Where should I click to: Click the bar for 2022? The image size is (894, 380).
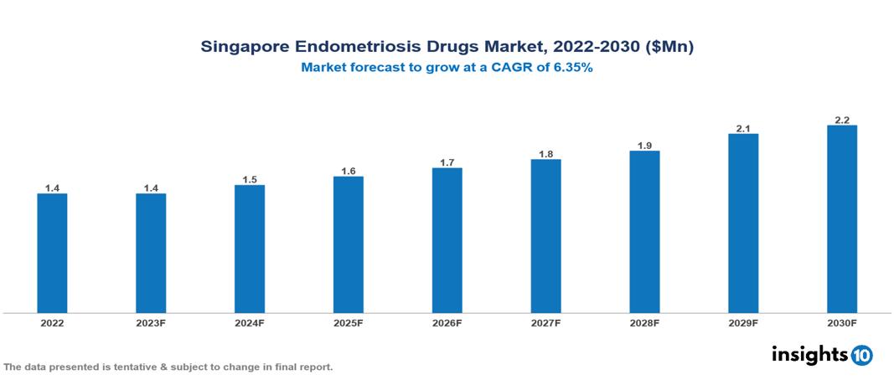(x=52, y=254)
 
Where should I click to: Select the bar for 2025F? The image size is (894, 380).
(x=348, y=244)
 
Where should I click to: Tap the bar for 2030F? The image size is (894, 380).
(x=841, y=219)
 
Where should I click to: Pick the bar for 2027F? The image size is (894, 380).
(x=545, y=236)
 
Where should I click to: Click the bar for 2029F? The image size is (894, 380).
(x=743, y=223)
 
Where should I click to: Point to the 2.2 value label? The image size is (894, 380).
(x=842, y=121)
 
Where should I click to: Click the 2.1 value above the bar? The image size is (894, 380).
(x=743, y=129)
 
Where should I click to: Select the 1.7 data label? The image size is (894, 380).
(x=447, y=162)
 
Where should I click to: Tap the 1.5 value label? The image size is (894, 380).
(x=250, y=180)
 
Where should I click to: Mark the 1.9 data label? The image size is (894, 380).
(x=644, y=146)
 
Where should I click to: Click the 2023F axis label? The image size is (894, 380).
(x=151, y=322)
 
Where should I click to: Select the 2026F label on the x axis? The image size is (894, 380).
(x=447, y=322)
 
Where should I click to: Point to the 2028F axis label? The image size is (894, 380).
(x=644, y=322)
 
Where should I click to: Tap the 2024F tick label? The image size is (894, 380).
(x=250, y=322)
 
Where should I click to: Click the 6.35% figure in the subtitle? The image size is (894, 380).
(x=571, y=69)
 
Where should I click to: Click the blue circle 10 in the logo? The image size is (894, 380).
(x=861, y=355)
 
